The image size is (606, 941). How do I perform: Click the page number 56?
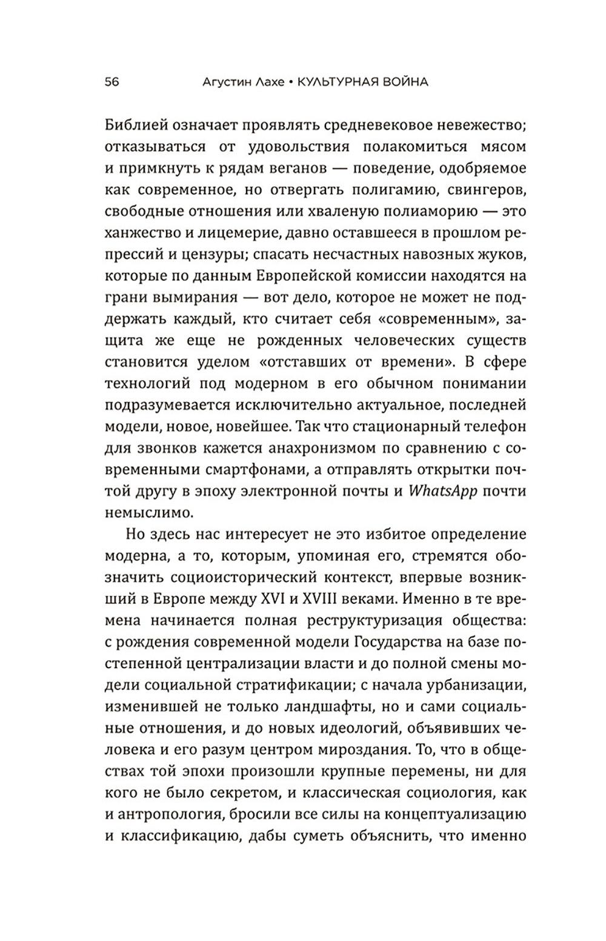tap(112, 82)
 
